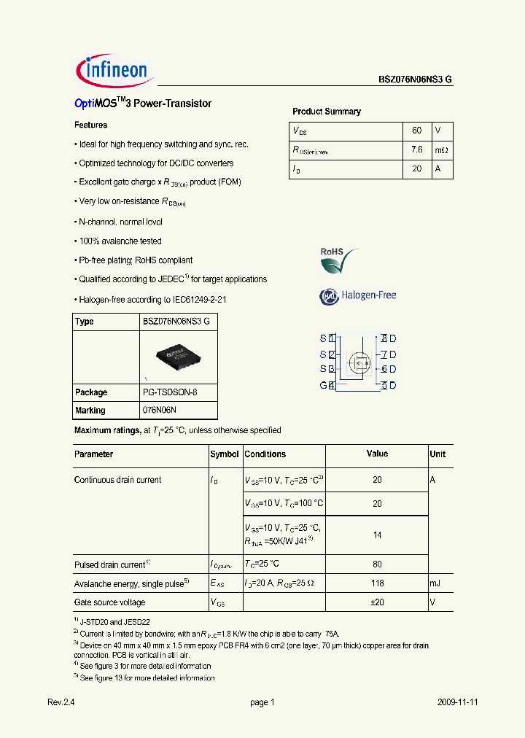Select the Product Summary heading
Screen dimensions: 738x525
click(326, 112)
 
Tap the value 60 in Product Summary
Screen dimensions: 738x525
click(416, 131)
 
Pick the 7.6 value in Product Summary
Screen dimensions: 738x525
click(416, 149)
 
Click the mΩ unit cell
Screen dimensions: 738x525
click(442, 149)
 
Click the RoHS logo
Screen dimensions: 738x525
click(339, 260)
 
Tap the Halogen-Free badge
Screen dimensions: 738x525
click(357, 295)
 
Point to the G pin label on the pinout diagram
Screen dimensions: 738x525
click(323, 385)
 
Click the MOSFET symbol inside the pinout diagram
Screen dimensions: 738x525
click(359, 362)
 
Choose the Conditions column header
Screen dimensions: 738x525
click(265, 454)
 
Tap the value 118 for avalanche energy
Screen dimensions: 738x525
click(377, 583)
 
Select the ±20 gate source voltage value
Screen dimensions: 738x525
click(377, 602)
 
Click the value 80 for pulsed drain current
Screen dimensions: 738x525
click(377, 564)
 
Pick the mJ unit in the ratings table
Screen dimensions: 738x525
click(435, 583)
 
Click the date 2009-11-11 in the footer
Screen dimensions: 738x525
click(458, 702)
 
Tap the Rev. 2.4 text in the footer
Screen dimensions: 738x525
click(61, 702)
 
